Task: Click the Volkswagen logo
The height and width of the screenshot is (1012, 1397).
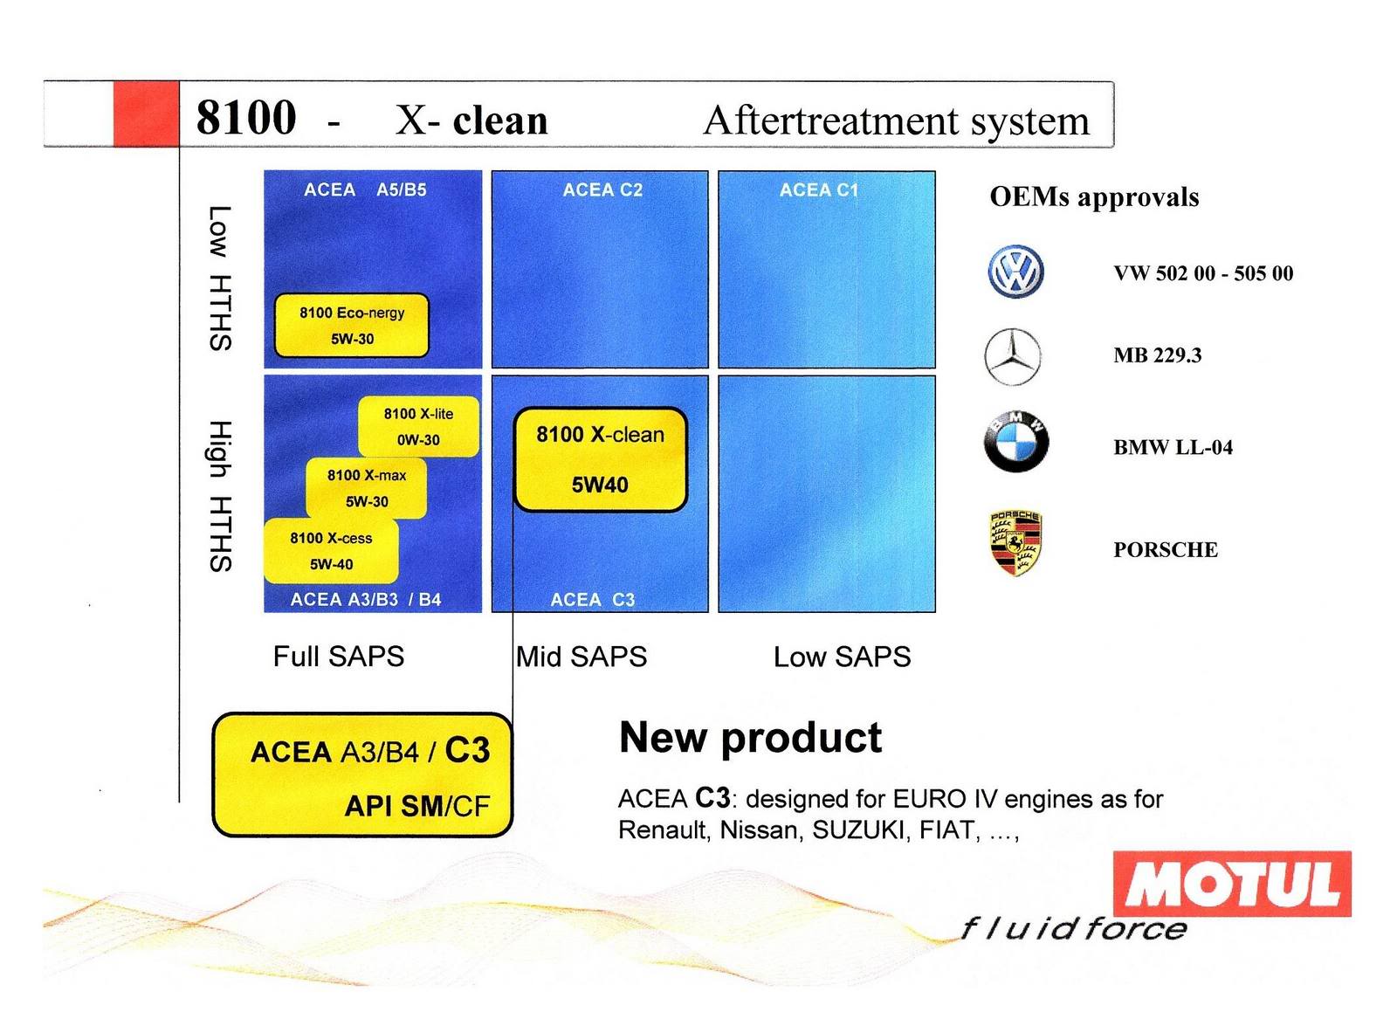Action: coord(1015,272)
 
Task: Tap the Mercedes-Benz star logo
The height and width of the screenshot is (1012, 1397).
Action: coord(1013,357)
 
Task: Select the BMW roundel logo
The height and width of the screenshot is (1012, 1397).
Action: coord(1016,442)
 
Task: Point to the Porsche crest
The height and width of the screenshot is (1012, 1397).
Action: coord(1016,543)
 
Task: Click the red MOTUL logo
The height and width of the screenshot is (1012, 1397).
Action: coord(1232,884)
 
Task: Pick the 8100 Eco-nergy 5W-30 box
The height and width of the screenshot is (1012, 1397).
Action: coord(352,326)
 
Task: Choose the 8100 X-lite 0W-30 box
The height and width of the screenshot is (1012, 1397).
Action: coord(418,426)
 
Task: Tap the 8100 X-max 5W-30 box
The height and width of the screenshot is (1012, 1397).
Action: coord(367,488)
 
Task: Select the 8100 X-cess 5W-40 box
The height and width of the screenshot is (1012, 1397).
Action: coord(331,551)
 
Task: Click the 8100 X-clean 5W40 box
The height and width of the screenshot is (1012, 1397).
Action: coord(600,459)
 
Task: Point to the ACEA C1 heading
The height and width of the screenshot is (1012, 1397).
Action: coord(819,190)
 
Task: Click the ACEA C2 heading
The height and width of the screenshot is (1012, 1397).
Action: coord(602,190)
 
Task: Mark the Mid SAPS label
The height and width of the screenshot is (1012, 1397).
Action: coord(582,657)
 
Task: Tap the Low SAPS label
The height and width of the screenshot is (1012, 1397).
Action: coord(842,657)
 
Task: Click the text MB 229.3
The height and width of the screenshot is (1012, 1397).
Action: coord(1158,355)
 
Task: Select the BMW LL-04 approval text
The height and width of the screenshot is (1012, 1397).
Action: coord(1173,447)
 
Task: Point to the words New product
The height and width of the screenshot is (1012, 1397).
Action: coord(751,739)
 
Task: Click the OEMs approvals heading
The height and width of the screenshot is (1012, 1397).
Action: coord(1095,197)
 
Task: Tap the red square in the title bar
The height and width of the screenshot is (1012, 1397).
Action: coord(146,114)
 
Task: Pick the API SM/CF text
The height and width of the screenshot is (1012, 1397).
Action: coord(417,806)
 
